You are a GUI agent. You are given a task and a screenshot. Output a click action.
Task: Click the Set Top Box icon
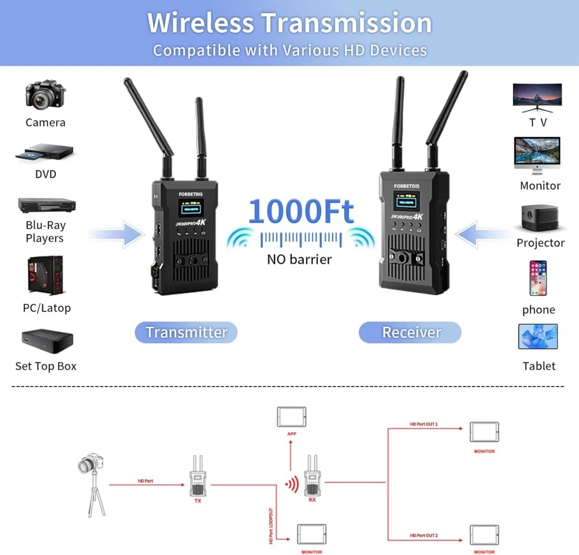[47, 339]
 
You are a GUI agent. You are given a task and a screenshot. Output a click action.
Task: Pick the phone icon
[538, 278]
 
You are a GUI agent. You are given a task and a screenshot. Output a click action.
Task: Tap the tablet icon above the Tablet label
[538, 337]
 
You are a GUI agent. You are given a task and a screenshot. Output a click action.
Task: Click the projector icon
[540, 217]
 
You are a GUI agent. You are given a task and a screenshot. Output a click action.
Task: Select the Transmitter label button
[186, 332]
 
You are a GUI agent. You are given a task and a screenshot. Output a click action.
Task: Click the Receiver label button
[411, 332]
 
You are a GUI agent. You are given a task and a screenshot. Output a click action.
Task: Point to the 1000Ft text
[301, 212]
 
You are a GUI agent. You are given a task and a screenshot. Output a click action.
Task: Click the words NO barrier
[299, 259]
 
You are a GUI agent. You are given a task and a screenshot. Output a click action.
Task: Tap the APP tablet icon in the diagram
[291, 417]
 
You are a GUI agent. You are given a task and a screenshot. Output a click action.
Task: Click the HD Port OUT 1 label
[424, 424]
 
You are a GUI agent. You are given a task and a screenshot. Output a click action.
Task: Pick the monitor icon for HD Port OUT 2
[484, 535]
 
